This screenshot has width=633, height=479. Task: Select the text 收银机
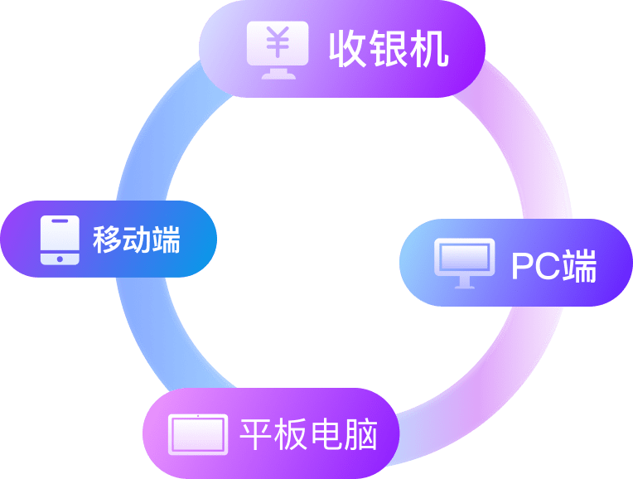pyautogui.click(x=389, y=51)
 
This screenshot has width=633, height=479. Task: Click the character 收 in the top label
pyautogui.click(x=348, y=51)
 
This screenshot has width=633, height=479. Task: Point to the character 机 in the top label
pyautogui.click(x=430, y=51)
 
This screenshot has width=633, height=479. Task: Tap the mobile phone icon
pyautogui.click(x=60, y=240)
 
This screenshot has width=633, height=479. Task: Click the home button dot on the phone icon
pyautogui.click(x=60, y=258)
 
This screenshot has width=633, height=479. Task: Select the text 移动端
pyautogui.click(x=136, y=241)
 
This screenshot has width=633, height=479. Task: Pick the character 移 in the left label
pyautogui.click(x=106, y=241)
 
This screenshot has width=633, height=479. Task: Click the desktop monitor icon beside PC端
pyautogui.click(x=464, y=262)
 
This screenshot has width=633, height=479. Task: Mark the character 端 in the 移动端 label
pyautogui.click(x=166, y=241)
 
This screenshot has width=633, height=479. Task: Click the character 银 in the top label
pyautogui.click(x=389, y=51)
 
